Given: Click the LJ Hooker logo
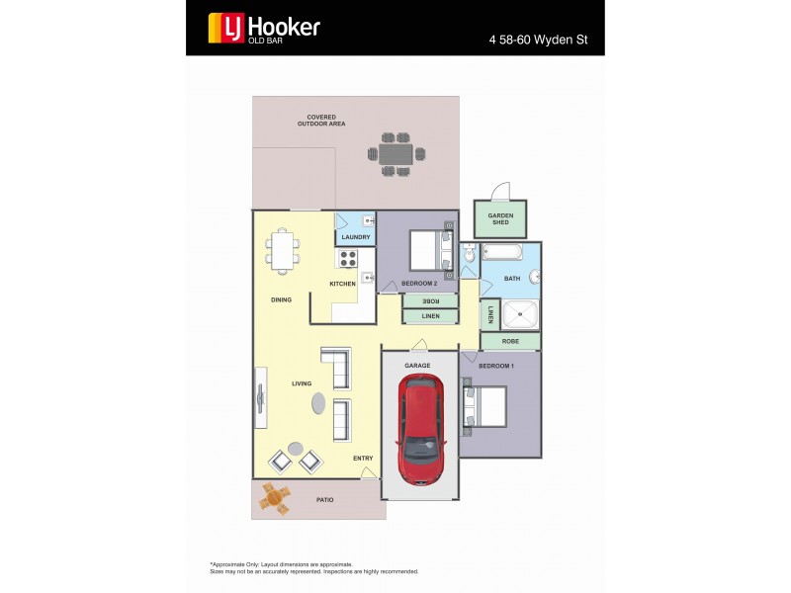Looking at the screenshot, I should [263, 28].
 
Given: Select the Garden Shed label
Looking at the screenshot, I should [500, 218].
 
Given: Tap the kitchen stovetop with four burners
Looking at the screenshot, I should [348, 258].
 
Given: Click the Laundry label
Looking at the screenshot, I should [355, 237].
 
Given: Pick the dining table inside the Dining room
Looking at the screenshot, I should [283, 249].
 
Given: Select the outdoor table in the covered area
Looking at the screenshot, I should [395, 154].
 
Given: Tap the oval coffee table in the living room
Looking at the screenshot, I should [318, 402].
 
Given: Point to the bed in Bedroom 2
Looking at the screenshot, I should [428, 250].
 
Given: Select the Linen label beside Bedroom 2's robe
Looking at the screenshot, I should [430, 316].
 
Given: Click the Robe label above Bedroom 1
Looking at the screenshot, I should [510, 341].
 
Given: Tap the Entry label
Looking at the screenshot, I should [363, 459].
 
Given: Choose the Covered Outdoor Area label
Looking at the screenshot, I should [320, 121].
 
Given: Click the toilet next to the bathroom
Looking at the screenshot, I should [470, 259].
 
